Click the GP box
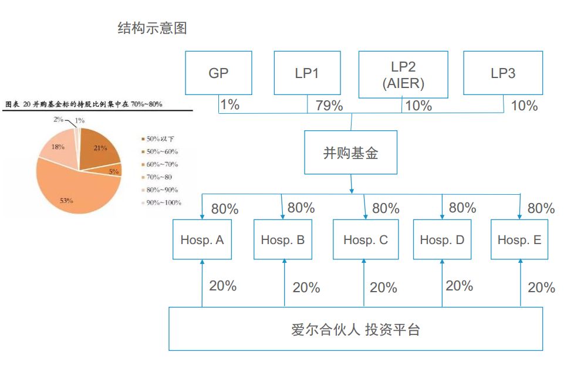[218, 73]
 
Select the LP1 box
[308, 73]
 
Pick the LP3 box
[503, 73]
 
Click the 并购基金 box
[351, 153]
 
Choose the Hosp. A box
[201, 239]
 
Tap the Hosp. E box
[519, 239]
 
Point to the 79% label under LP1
[329, 106]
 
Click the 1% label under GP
[229, 105]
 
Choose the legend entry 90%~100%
[163, 202]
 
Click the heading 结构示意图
[153, 28]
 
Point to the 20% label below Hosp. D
[459, 286]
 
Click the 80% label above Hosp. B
[301, 208]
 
